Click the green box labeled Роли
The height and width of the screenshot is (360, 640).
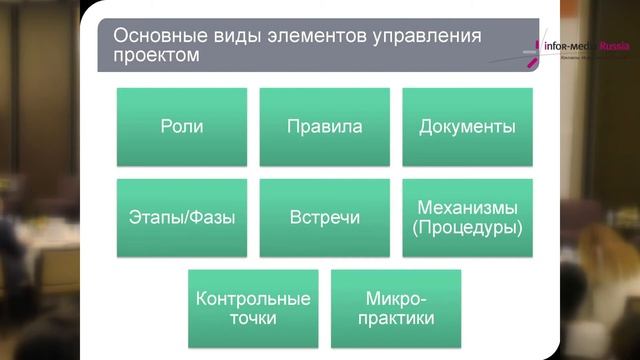click(181, 127)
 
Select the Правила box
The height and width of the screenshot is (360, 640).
click(324, 127)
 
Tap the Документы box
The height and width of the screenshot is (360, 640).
click(467, 127)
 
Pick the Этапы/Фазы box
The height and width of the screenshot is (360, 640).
click(181, 217)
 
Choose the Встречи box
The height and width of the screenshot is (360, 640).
click(324, 217)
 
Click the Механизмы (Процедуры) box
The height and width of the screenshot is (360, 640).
click(467, 217)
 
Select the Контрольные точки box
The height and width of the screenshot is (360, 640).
click(253, 308)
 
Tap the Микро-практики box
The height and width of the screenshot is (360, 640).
click(396, 308)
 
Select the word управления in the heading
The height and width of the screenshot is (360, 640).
click(425, 36)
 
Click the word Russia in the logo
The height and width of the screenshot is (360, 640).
click(611, 46)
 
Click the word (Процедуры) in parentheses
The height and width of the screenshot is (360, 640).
click(467, 228)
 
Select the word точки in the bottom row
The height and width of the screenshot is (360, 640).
click(253, 319)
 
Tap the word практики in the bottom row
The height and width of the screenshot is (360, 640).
click(396, 319)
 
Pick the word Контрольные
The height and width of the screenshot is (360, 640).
click(253, 298)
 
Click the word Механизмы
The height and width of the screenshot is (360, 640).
click(467, 208)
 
